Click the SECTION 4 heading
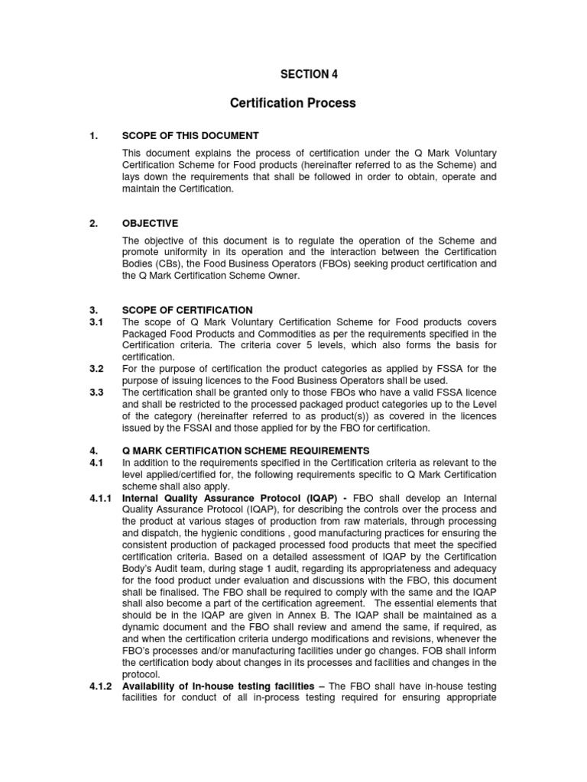click(309, 74)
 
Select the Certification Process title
click(293, 103)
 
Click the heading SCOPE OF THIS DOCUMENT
click(190, 136)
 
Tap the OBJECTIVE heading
click(150, 223)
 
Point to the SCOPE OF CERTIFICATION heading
click(187, 310)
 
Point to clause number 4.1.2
click(99, 686)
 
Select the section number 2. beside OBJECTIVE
click(92, 223)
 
